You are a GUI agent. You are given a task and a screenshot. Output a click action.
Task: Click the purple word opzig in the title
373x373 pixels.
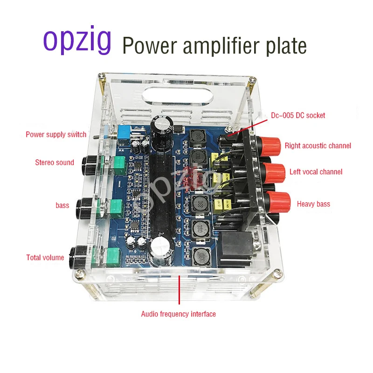click(77, 41)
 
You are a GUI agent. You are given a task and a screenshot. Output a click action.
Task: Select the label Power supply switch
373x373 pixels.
click(56, 135)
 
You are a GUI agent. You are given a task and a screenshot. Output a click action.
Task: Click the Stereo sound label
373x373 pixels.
click(55, 163)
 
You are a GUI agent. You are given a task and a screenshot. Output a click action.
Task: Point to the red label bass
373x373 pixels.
click(62, 206)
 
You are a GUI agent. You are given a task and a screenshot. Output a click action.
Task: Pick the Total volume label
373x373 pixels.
click(45, 257)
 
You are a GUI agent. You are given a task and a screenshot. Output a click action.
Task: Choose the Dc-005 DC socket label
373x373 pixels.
click(298, 115)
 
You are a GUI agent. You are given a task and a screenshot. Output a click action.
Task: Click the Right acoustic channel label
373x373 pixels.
click(318, 146)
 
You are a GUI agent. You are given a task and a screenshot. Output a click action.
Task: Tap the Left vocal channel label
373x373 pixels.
click(316, 172)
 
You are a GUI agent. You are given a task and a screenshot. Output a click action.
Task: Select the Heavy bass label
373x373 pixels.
click(313, 204)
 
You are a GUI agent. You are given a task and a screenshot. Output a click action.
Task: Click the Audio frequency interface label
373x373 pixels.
click(179, 314)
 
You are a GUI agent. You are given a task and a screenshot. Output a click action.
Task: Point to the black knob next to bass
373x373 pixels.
click(86, 205)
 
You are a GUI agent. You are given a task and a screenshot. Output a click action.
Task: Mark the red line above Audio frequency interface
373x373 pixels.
click(179, 291)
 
